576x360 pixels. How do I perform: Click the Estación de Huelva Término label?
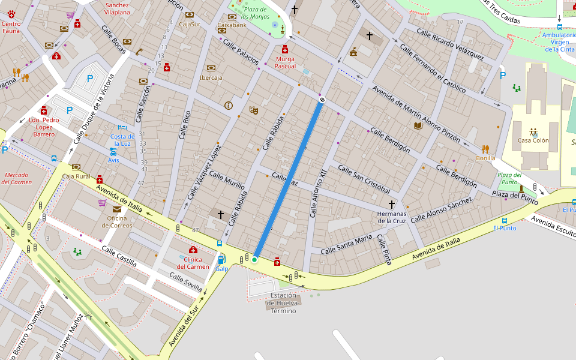pos(283,303)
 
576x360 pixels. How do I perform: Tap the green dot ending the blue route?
pos(254,259)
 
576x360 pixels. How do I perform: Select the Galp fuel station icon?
pos(221,260)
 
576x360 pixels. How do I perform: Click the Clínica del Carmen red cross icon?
pos(193,250)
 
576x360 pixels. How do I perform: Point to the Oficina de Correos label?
pos(117,221)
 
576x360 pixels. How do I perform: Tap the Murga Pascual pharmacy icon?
pos(285,50)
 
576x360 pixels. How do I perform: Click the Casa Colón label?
pos(533,140)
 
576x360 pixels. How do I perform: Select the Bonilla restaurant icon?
pos(485,149)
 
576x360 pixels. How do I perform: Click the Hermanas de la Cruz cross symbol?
pos(392,204)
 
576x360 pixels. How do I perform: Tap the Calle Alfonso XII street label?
pos(318,192)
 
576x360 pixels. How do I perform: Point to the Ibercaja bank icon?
pos(211,68)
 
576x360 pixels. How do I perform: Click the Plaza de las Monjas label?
pos(255,13)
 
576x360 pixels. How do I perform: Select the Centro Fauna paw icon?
pos(11,14)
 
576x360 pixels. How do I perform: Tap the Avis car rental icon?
pos(113,152)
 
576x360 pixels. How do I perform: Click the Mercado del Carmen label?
pos(17,178)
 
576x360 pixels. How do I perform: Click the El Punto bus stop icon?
pos(504,220)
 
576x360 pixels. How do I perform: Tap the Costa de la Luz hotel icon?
pos(122,127)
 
